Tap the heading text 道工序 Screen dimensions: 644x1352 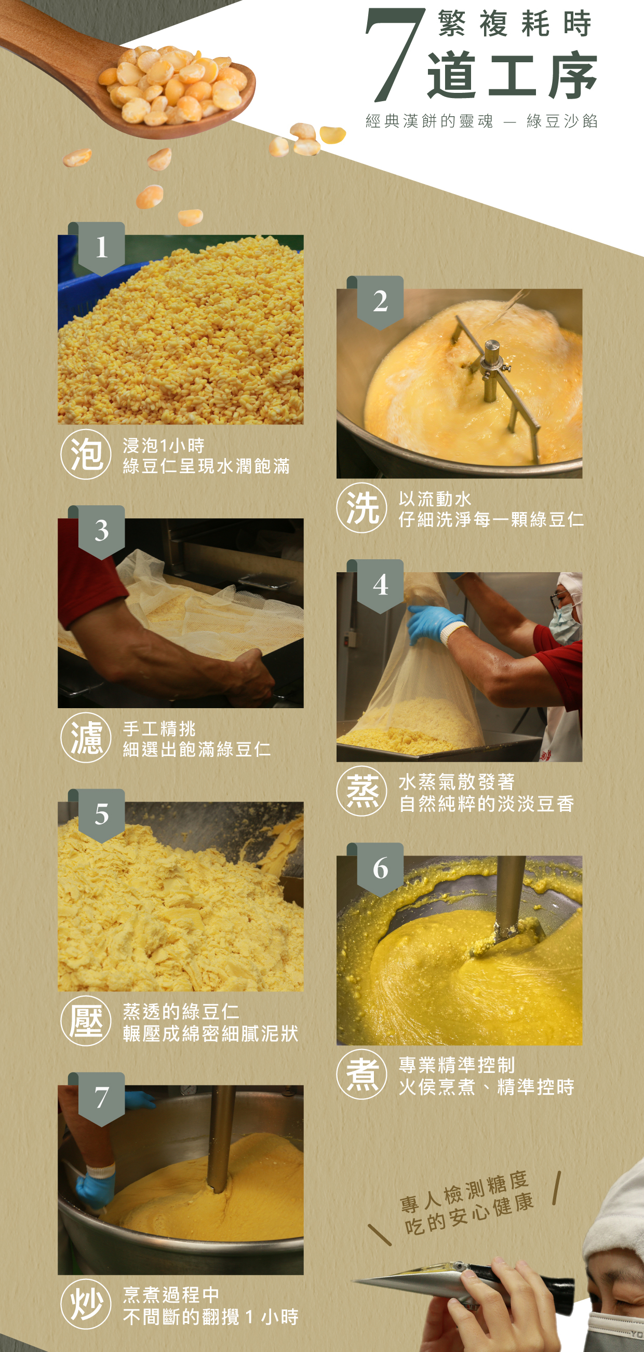click(x=512, y=76)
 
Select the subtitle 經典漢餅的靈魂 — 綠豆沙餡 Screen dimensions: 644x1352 click(x=481, y=121)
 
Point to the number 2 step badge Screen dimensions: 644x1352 click(x=380, y=302)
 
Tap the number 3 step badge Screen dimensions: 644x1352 click(x=101, y=532)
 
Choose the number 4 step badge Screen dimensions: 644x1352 click(x=380, y=586)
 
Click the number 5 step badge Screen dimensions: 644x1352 click(x=101, y=815)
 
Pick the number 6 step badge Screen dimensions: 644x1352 click(x=380, y=869)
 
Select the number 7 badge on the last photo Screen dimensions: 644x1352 click(x=101, y=1098)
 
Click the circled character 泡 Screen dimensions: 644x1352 click(x=86, y=454)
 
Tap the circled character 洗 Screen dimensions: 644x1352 click(x=362, y=508)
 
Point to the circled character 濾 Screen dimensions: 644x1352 click(x=86, y=737)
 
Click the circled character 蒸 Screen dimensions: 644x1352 click(x=362, y=791)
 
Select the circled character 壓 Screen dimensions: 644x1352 click(x=86, y=1021)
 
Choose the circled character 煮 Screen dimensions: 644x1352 click(x=362, y=1074)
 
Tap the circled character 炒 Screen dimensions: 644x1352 click(x=86, y=1304)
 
